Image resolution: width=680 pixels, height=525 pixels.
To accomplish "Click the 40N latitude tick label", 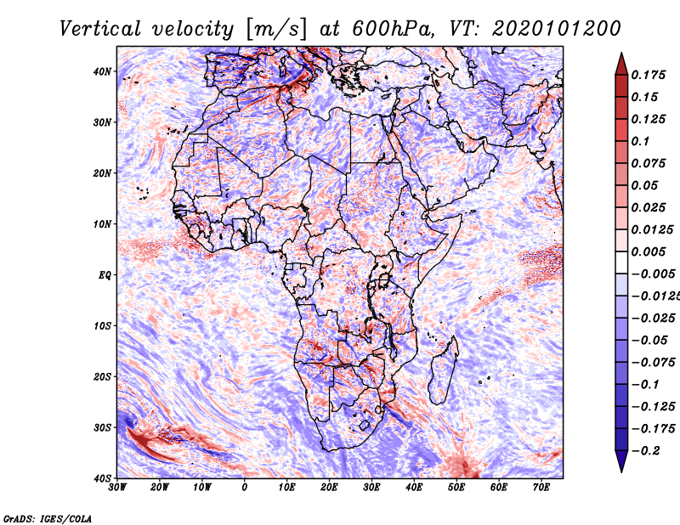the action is tap(102, 71).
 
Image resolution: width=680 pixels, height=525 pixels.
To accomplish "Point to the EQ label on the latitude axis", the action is tap(105, 275).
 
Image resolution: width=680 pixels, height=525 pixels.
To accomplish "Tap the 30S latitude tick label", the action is tap(102, 428).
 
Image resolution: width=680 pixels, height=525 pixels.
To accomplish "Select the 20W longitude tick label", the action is tap(160, 488).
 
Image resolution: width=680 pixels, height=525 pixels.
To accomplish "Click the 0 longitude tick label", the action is tap(245, 488).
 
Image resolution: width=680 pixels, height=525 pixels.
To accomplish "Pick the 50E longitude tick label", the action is tap(456, 488).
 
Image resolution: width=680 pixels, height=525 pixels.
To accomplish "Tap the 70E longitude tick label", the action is tap(541, 488).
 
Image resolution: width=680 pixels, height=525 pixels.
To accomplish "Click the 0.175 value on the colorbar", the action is tap(649, 76).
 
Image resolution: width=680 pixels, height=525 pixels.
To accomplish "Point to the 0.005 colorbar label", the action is tap(649, 251).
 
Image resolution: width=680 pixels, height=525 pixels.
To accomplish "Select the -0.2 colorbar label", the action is tap(646, 451).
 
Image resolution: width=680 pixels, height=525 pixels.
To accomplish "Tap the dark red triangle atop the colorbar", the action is tap(621, 65).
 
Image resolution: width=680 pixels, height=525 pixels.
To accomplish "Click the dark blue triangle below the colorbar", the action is tap(621, 461).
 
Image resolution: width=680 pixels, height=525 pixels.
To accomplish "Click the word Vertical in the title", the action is tap(100, 29).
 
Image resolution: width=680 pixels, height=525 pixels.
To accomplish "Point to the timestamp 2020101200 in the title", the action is tap(557, 29).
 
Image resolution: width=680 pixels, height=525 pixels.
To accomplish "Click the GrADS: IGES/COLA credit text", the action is tap(48, 519).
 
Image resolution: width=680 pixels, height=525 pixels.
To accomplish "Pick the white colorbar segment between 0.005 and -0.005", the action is tap(621, 262).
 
